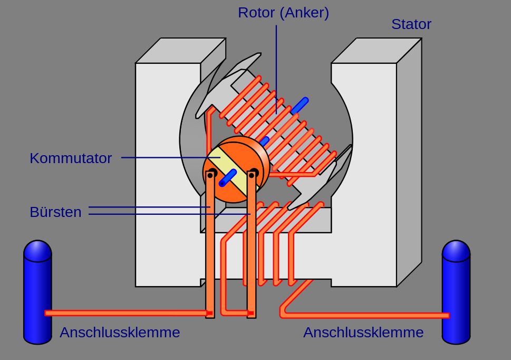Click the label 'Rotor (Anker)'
click(x=283, y=13)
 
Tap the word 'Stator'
click(x=411, y=24)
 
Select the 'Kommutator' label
click(x=71, y=158)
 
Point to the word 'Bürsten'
click(x=55, y=212)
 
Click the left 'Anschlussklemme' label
click(x=120, y=333)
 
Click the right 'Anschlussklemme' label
click(x=363, y=333)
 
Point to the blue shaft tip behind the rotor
click(x=300, y=105)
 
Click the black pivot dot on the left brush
click(x=212, y=173)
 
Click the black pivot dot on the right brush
click(x=253, y=173)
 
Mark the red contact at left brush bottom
click(x=209, y=314)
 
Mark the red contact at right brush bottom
click(x=251, y=314)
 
